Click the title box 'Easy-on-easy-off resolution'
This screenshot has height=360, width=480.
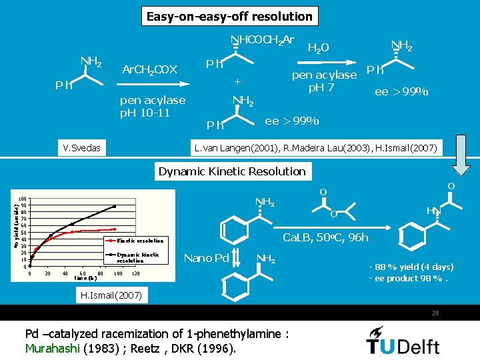pyautogui.click(x=229, y=16)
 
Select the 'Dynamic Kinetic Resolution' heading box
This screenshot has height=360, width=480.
pyautogui.click(x=232, y=171)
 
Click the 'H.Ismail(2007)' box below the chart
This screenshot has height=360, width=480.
pyautogui.click(x=106, y=295)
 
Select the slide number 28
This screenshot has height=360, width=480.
pyautogui.click(x=435, y=313)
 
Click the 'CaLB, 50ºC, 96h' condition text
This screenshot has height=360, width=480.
pyautogui.click(x=325, y=238)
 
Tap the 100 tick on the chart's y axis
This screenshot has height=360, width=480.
pyautogui.click(x=23, y=199)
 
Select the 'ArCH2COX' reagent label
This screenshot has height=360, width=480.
pyautogui.click(x=149, y=70)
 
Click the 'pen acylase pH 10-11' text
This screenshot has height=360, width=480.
pyautogui.click(x=152, y=106)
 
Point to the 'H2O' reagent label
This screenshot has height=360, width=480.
pyautogui.click(x=318, y=47)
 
